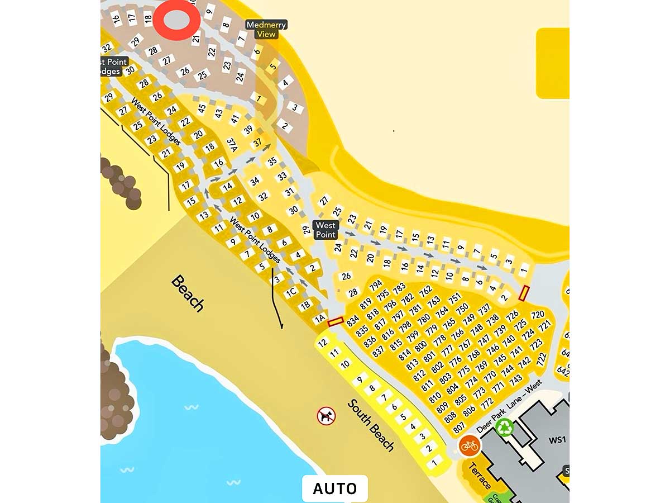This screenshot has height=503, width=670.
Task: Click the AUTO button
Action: click(334, 488)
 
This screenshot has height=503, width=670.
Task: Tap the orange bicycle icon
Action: click(470, 445)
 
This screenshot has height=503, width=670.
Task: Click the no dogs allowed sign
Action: click(326, 416)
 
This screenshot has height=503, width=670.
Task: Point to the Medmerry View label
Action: click(266, 29)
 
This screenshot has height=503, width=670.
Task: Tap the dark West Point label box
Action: click(326, 230)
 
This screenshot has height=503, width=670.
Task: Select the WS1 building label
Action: click(557, 440)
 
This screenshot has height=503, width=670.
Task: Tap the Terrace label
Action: click(479, 476)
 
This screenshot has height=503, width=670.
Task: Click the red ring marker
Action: click(177, 20)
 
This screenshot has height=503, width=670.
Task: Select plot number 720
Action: click(537, 315)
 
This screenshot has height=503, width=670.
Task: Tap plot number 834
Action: click(353, 322)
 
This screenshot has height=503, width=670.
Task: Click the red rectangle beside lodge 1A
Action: click(335, 321)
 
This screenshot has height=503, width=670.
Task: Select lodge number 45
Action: click(202, 107)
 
